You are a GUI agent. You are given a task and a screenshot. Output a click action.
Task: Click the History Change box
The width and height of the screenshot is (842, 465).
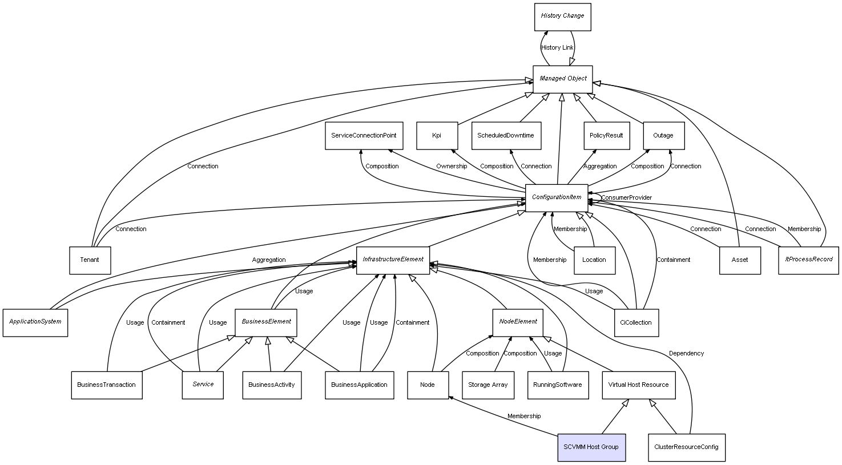(562, 17)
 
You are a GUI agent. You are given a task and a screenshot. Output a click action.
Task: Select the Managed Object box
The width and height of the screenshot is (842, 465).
(562, 79)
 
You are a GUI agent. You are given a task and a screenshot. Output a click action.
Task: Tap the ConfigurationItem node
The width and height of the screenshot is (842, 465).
(557, 197)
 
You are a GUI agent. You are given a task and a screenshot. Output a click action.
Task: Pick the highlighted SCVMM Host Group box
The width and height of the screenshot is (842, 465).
(591, 447)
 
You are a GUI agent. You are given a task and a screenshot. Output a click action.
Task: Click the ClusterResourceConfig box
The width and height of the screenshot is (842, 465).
(687, 447)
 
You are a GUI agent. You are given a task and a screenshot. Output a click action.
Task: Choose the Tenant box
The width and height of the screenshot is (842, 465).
(90, 260)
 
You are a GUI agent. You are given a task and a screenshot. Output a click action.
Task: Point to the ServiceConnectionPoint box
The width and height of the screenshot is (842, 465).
(364, 136)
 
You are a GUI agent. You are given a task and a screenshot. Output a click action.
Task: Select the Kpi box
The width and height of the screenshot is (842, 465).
(437, 136)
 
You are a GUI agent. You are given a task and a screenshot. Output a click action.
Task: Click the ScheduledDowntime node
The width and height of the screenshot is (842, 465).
(506, 136)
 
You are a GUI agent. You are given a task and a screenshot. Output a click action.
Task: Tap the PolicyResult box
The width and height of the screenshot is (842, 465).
(606, 136)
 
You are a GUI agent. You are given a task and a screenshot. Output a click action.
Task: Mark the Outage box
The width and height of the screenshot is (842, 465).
(663, 136)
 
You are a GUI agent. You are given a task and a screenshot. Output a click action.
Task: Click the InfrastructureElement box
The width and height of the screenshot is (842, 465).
(393, 260)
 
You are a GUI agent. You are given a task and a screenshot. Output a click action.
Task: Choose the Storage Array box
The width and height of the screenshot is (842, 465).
(488, 385)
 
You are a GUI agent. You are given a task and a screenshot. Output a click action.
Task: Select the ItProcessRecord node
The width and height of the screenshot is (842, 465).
(808, 260)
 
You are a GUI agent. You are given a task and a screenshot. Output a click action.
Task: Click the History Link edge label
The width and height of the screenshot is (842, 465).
(557, 48)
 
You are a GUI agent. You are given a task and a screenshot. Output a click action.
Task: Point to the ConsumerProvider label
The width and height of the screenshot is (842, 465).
(626, 198)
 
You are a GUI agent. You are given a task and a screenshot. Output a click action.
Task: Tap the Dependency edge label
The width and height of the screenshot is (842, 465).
(686, 354)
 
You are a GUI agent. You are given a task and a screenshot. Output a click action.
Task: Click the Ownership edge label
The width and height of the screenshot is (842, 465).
(452, 167)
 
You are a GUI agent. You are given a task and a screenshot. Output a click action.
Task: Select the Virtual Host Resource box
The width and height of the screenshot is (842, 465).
(638, 385)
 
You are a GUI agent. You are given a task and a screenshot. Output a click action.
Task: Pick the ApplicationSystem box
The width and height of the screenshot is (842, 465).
(35, 322)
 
